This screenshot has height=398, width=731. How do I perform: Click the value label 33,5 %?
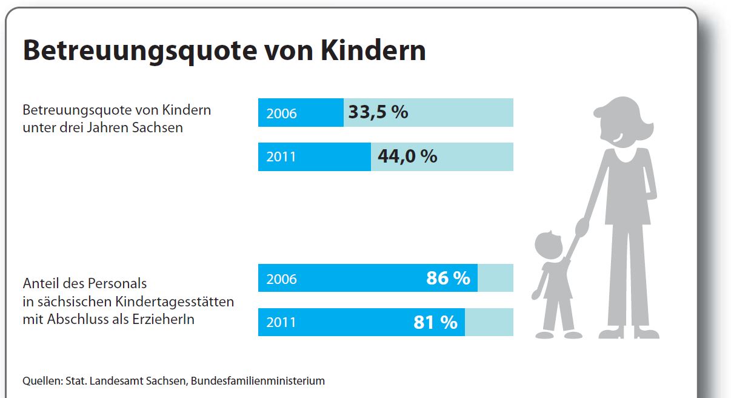click(x=378, y=112)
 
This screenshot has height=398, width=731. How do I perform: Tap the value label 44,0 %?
click(x=407, y=157)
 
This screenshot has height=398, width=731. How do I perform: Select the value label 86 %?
click(x=448, y=278)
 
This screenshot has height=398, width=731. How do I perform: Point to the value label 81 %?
click(x=435, y=322)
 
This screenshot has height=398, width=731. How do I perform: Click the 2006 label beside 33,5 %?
click(x=281, y=113)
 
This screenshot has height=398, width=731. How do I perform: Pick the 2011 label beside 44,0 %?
click(x=281, y=157)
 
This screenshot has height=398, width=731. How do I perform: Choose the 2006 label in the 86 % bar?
click(x=281, y=278)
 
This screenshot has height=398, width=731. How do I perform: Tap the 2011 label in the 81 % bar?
click(x=281, y=322)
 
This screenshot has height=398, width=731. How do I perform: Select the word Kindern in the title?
click(x=373, y=51)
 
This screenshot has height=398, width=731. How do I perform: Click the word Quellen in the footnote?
click(x=41, y=381)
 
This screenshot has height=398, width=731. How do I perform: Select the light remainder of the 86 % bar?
click(x=495, y=278)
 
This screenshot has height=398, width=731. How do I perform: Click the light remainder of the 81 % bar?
click(x=489, y=322)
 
